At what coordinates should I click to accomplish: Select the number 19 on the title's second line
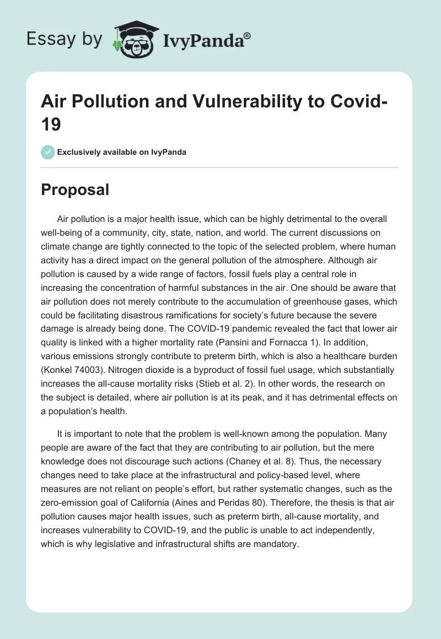[x=51, y=124]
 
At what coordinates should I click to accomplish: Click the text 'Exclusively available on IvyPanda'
[x=122, y=152]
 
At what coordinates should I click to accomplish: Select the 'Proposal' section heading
[x=76, y=190]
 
